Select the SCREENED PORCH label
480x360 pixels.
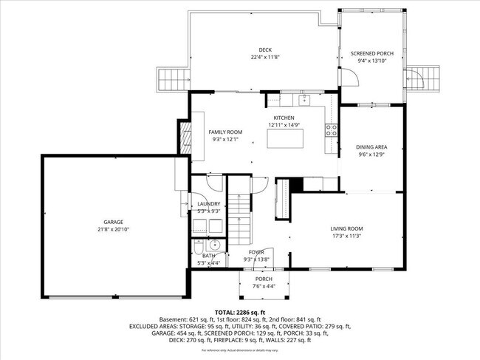point(371,53)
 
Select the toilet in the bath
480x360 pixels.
point(198,246)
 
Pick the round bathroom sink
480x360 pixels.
point(214,245)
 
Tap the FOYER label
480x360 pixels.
point(256,252)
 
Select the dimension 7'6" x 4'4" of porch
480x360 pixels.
point(263,287)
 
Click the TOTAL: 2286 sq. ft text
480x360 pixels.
point(239,312)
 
